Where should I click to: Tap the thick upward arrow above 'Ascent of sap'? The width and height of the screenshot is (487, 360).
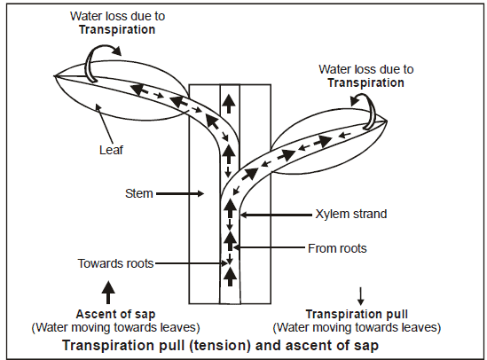click(x=108, y=289)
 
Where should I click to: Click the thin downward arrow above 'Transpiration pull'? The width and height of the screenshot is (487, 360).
click(x=360, y=293)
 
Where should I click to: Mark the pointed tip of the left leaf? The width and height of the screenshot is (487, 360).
click(x=55, y=74)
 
